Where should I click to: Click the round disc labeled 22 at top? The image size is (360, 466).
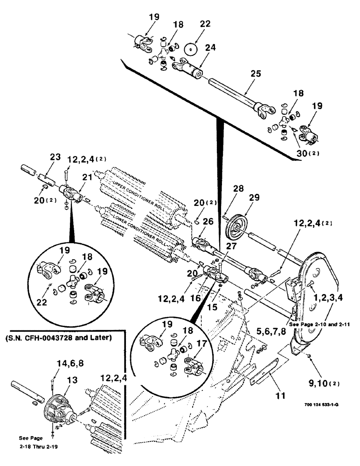191,49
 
